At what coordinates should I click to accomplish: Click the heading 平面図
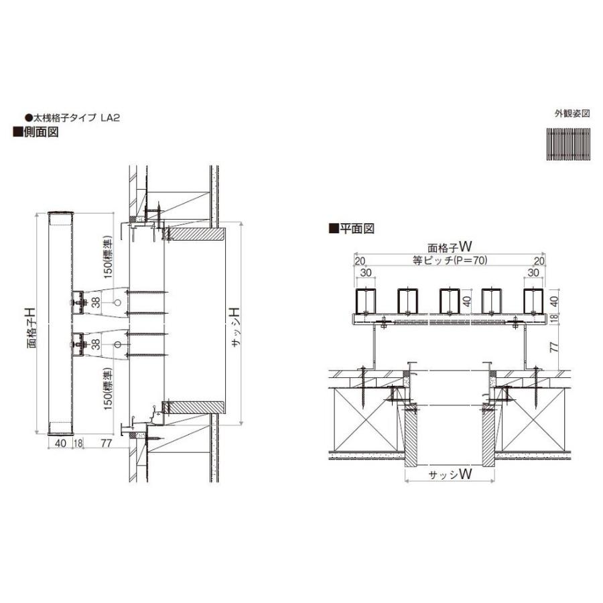point(355,228)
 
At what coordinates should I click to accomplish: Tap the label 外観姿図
point(572,113)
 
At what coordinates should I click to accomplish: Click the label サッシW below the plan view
point(450,474)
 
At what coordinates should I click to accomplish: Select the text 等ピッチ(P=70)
point(450,261)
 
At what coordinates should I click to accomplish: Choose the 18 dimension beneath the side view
point(78,443)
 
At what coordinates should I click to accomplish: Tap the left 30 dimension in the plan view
point(366,273)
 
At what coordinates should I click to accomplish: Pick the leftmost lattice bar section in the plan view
point(366,300)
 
